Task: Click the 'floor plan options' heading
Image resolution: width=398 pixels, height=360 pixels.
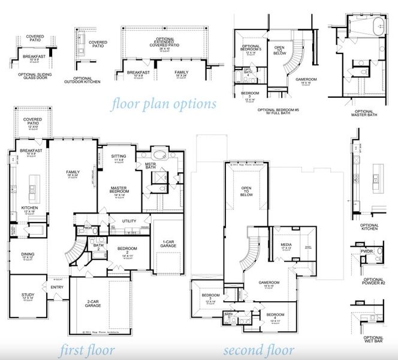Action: pos(164,104)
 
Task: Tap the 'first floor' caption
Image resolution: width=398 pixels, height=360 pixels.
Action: pos(88,350)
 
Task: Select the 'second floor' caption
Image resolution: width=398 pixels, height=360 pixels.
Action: pos(258,350)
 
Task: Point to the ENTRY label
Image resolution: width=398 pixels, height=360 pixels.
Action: pos(58,287)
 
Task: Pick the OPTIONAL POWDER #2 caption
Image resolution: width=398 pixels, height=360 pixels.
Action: pos(372,283)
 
